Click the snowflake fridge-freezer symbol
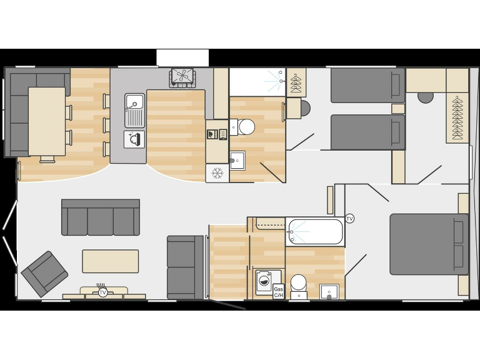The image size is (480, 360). coord(217,173)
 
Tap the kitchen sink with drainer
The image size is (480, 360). coord(134,110)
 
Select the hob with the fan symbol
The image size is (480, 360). coord(182,77)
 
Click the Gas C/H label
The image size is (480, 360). coord(279,292)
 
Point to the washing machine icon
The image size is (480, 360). coord(264,281)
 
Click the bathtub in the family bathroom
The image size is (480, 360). coord(315,231)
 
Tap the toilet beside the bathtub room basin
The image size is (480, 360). coord(299,284)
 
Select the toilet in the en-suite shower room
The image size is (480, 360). coord(246,127)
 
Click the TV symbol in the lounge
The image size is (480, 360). coord(102,292)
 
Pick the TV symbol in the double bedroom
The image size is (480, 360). coord(349,219)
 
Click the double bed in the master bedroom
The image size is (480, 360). coord(428,244)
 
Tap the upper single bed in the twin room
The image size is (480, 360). coord(367,85)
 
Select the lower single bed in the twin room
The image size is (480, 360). coord(367,132)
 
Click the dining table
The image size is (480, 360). coord(47,121)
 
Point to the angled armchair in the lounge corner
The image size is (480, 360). coord(44,274)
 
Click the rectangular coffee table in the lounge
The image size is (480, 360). coord(111,261)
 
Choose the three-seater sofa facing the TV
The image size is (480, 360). coord(100,217)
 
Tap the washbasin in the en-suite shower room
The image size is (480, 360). coord(237,160)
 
